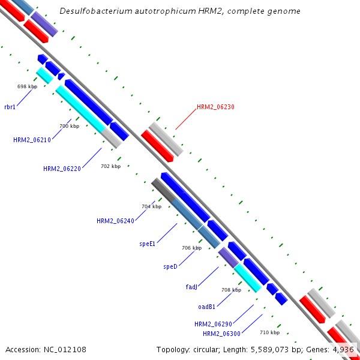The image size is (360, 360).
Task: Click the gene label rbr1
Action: (x=10, y=107)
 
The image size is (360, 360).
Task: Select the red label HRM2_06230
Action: (x=215, y=107)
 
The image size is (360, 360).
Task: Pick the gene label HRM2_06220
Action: (x=62, y=169)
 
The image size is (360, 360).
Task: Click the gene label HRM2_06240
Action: (x=115, y=221)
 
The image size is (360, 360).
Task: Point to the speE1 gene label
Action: (x=147, y=244)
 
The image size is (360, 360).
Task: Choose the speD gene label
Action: (x=170, y=266)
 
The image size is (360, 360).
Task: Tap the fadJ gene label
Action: (x=191, y=287)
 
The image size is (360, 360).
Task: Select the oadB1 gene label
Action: (x=206, y=307)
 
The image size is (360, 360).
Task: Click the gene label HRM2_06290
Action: (x=213, y=324)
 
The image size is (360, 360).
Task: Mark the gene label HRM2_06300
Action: (x=221, y=334)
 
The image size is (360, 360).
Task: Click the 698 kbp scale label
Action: (x=27, y=86)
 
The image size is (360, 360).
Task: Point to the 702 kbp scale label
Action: (x=110, y=166)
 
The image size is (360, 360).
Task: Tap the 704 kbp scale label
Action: (x=151, y=206)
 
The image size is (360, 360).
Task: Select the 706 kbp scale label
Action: (x=191, y=248)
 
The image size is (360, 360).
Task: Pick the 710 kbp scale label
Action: (x=269, y=332)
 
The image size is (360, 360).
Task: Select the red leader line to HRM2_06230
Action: (x=185, y=119)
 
